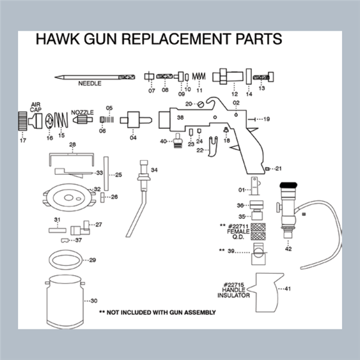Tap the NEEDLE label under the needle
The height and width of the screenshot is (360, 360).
(x=89, y=84)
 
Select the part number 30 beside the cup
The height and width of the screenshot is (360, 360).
(x=94, y=300)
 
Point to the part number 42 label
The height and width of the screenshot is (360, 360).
(x=289, y=248)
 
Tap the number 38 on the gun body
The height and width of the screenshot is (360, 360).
(x=180, y=118)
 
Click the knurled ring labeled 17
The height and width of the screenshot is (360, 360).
(x=22, y=120)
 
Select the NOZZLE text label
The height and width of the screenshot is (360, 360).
(x=82, y=112)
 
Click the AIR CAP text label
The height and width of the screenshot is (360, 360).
(x=36, y=107)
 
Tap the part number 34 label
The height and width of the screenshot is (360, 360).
(x=154, y=170)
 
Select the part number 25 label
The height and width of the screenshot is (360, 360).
(x=118, y=175)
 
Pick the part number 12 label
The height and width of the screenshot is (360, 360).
(x=235, y=94)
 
